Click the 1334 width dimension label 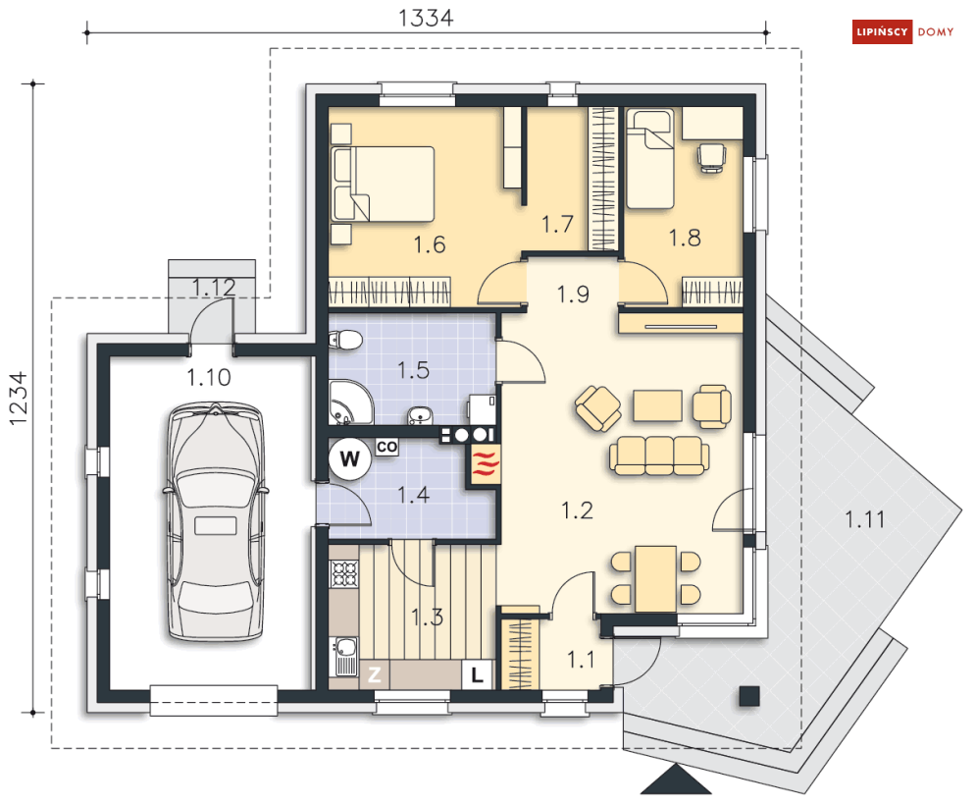[x=426, y=18]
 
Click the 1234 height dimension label [x=18, y=399]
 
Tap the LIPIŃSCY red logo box [x=882, y=31]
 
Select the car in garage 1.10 [x=216, y=521]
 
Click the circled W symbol [x=350, y=459]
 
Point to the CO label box [x=386, y=447]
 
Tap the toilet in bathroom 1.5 [x=345, y=341]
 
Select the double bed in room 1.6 [x=383, y=184]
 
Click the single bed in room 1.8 [x=649, y=159]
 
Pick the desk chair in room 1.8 [x=711, y=157]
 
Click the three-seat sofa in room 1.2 [x=658, y=456]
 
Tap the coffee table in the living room [x=657, y=405]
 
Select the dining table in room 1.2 [x=655, y=579]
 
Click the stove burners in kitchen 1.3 [x=344, y=574]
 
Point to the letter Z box [x=374, y=674]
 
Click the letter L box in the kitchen [x=477, y=674]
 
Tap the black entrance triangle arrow [x=676, y=782]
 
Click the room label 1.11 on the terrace [x=864, y=519]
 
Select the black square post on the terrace [x=749, y=696]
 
